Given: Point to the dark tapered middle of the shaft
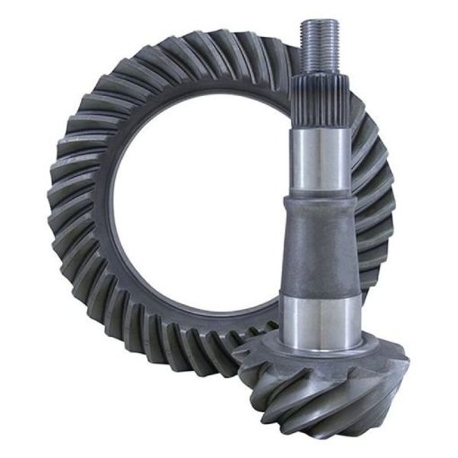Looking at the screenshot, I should click(x=321, y=247).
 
